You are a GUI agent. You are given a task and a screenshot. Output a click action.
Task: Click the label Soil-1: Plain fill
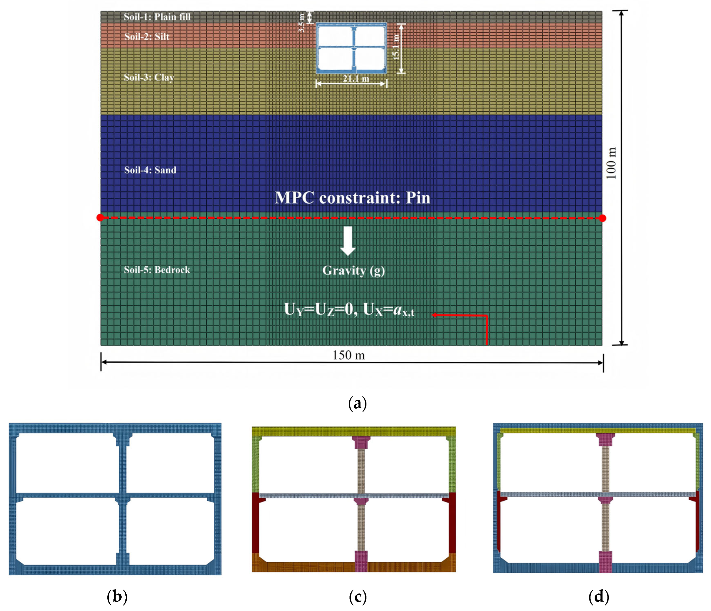(x=157, y=17)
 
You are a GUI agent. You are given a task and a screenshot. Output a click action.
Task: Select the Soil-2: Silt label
(x=147, y=36)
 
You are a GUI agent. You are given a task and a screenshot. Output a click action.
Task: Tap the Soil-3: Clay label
(x=149, y=78)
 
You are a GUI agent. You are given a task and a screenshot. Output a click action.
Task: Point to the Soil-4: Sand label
(x=150, y=170)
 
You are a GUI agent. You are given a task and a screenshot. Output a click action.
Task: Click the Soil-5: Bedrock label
(x=157, y=270)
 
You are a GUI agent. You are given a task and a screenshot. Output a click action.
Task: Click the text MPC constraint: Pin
(x=352, y=198)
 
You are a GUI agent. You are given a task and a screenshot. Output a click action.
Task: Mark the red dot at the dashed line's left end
(x=100, y=218)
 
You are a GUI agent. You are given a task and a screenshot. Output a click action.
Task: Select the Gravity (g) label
(x=353, y=271)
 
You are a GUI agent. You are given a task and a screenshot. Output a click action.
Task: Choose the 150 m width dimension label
(x=349, y=355)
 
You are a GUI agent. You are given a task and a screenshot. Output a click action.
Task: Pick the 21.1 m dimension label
(x=356, y=79)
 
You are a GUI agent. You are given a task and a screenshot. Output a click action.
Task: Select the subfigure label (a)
(x=357, y=403)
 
